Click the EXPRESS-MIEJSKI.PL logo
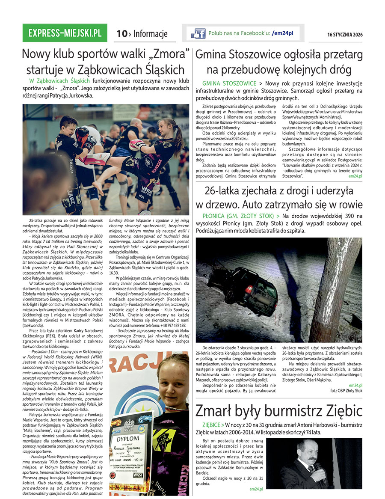click(x=65, y=33)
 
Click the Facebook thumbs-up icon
click(x=198, y=33)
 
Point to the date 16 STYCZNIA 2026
click(x=345, y=35)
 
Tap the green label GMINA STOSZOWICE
click(x=229, y=83)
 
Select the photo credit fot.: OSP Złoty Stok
click(x=346, y=391)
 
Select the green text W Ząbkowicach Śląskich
click(x=59, y=80)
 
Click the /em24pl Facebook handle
click(x=285, y=33)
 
